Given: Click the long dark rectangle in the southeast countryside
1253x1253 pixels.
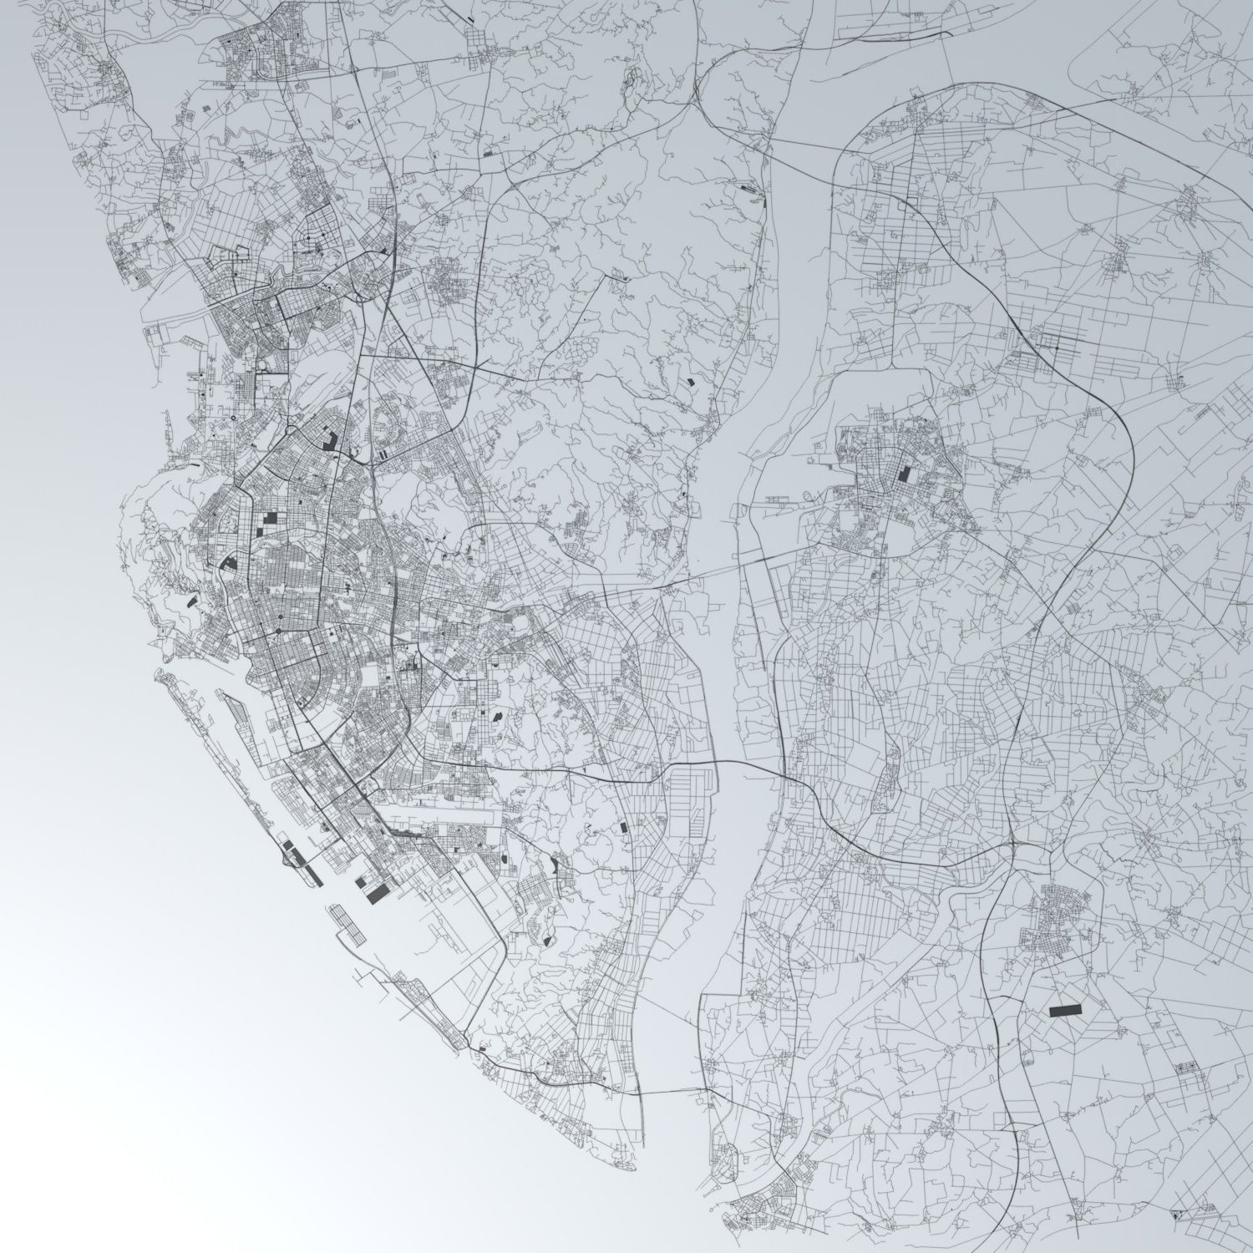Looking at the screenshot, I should pos(1064,1010).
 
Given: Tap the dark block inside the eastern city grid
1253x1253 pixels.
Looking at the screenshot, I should pos(904,474).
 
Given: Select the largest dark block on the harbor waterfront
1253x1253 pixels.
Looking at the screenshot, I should pos(378,893).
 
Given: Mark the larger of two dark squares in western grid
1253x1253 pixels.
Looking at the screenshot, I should pos(271,517).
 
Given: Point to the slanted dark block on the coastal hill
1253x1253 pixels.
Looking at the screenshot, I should pos(191,599).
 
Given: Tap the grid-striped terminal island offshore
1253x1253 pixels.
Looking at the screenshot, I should pos(347,924).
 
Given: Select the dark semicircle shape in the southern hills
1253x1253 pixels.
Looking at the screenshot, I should pos(548,940).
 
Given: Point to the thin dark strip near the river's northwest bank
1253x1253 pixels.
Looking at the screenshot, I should pos(748,190).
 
